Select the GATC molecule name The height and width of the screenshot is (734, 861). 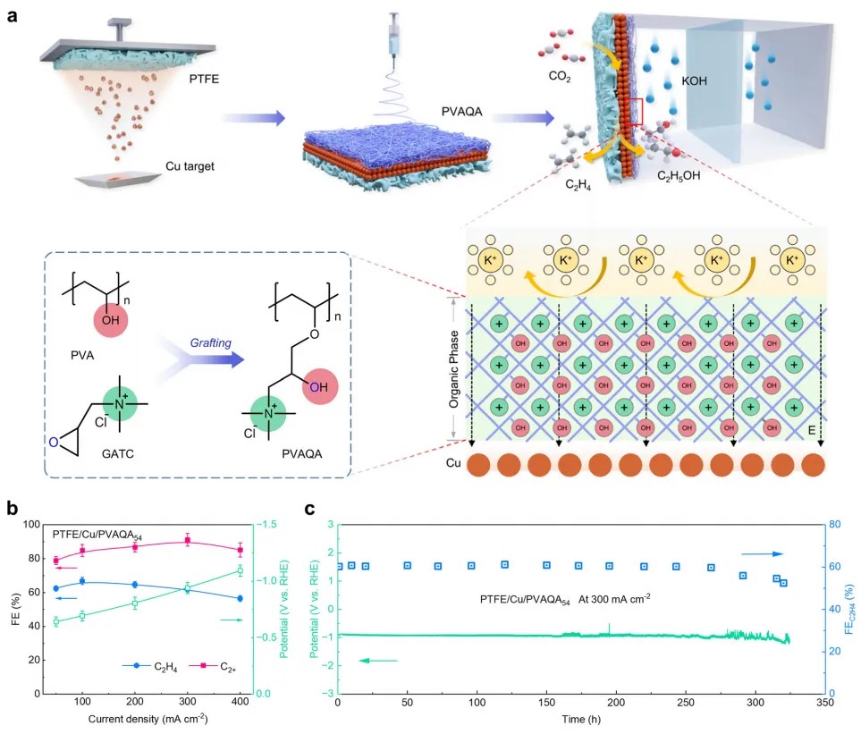click(x=83, y=451)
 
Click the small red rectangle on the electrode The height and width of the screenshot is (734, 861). click(x=636, y=113)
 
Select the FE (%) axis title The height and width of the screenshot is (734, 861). click(x=15, y=607)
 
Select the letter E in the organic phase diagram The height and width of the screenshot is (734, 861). click(x=806, y=428)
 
